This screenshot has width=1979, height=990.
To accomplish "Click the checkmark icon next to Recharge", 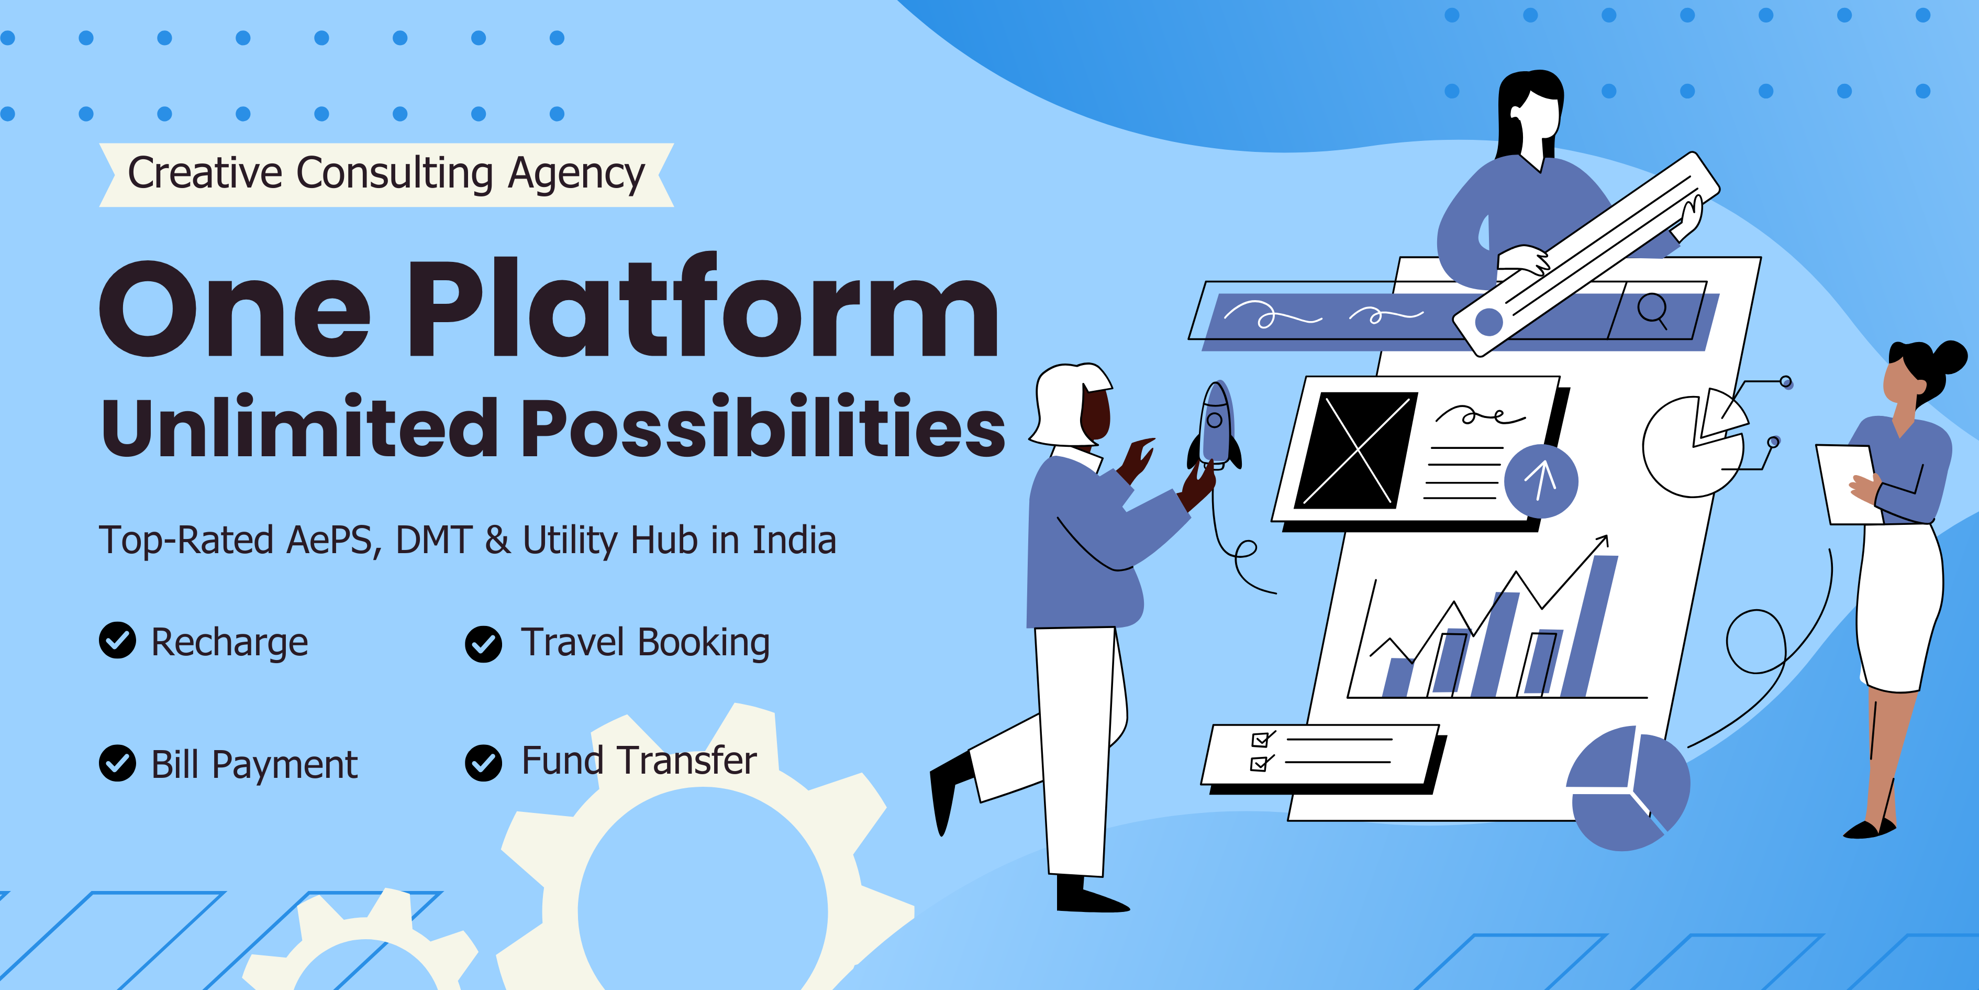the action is click(x=118, y=640).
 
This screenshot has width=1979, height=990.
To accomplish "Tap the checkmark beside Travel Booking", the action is click(x=483, y=644).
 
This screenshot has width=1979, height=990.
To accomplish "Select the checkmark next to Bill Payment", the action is click(x=118, y=763).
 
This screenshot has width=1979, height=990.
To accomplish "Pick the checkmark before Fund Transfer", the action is click(x=483, y=763).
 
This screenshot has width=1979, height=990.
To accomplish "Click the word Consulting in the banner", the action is click(x=394, y=174).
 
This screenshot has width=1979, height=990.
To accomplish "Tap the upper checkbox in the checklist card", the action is click(x=1260, y=740).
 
